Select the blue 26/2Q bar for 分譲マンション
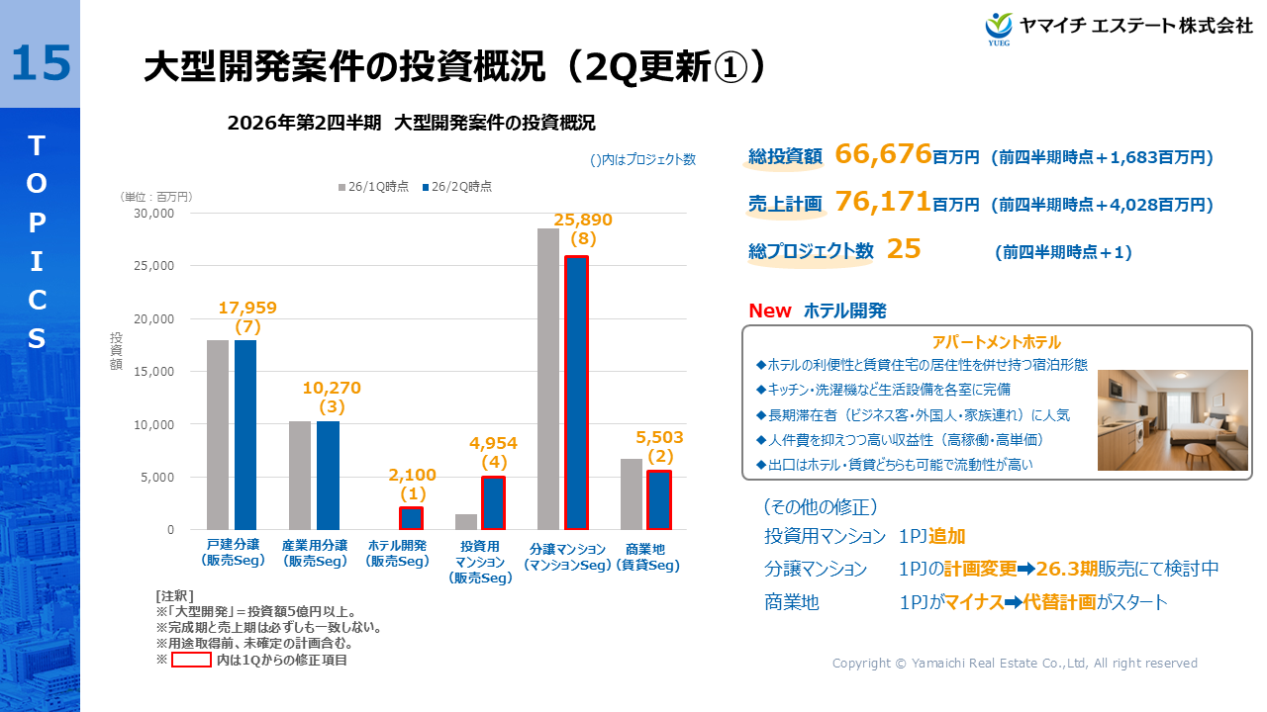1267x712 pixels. [576, 393]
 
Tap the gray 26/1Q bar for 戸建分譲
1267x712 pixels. [218, 435]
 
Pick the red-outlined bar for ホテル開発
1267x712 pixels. [411, 518]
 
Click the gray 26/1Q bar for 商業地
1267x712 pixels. [632, 494]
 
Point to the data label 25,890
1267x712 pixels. [583, 220]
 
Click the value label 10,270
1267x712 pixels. [332, 388]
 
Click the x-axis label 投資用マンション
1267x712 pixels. [480, 561]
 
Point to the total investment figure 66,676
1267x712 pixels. [883, 154]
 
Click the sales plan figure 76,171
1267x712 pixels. [883, 203]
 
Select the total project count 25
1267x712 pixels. [904, 249]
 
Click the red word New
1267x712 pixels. [769, 311]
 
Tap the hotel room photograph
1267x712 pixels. [1172, 420]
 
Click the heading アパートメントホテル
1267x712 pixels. [996, 342]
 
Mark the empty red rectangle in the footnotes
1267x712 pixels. [191, 660]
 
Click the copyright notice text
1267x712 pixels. [1015, 664]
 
